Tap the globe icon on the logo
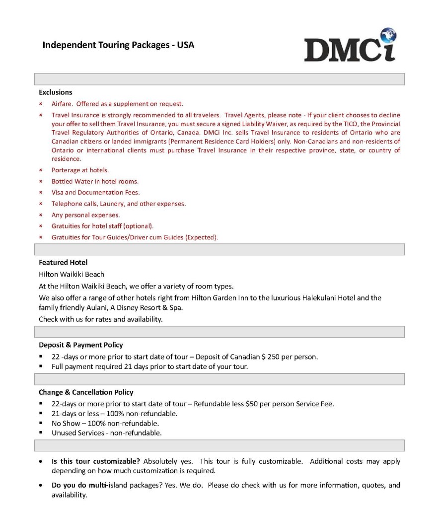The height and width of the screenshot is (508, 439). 387,36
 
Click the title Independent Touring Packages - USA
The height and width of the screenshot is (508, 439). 118,45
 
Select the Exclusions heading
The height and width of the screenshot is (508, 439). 56,92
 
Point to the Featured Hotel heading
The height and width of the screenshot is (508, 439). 63,262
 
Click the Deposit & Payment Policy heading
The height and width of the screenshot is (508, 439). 81,345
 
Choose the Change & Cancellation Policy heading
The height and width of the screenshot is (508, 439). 86,392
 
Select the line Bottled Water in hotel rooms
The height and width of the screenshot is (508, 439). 95,181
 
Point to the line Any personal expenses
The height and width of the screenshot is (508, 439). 85,215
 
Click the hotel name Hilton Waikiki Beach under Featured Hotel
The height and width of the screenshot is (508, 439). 72,274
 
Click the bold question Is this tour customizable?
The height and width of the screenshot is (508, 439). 96,461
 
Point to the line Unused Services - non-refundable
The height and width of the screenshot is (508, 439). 106,433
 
